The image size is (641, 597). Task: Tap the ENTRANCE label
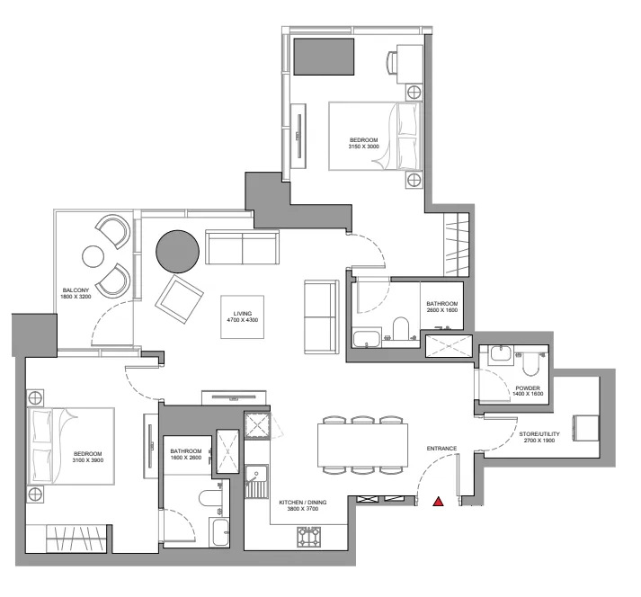tap(441, 448)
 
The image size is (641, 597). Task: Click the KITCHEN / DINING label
tap(302, 503)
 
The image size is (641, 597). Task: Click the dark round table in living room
tap(178, 251)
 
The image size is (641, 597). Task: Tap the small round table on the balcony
tap(93, 256)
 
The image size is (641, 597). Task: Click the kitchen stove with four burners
tap(309, 537)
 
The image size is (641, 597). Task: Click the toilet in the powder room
tap(529, 361)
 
